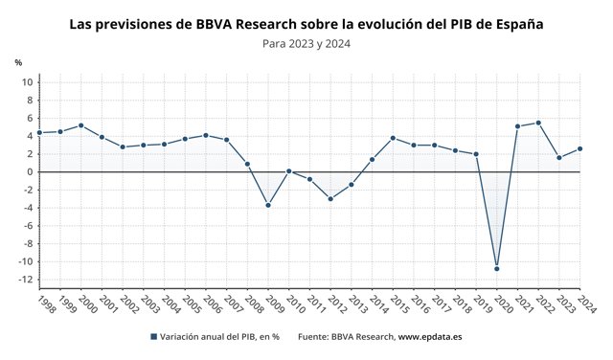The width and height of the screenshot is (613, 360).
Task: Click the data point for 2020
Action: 496,268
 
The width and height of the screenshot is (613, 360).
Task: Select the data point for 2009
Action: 268,205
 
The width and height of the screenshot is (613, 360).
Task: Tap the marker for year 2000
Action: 80,125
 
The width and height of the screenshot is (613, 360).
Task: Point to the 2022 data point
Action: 538,123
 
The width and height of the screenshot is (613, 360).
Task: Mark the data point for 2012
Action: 330,199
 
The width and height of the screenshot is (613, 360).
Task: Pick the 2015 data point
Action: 393,138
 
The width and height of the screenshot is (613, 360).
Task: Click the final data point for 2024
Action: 579,148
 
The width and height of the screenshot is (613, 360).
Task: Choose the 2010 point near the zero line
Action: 288,171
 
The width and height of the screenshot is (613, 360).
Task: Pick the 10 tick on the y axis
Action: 28,82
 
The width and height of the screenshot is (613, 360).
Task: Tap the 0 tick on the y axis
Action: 30,172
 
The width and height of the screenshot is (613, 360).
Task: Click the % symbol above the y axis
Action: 18,62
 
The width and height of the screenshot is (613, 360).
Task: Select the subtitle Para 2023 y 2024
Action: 306,44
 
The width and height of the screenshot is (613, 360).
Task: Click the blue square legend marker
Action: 153,337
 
